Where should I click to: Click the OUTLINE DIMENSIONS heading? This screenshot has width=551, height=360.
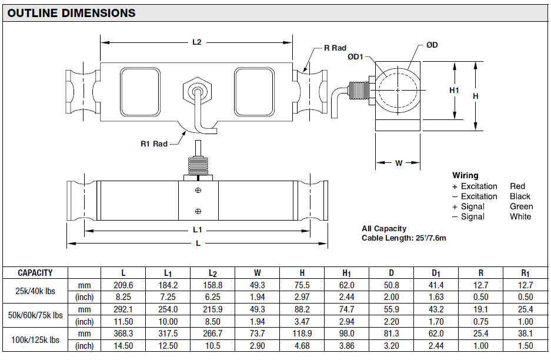tap(71, 13)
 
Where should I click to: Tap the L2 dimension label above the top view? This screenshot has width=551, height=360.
tap(197, 42)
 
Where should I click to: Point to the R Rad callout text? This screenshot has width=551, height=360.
tap(335, 48)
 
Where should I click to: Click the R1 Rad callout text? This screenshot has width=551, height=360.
tap(154, 144)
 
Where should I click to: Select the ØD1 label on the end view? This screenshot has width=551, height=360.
tap(356, 57)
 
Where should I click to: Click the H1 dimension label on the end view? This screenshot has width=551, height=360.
tap(454, 90)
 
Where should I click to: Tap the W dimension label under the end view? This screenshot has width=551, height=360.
tap(399, 163)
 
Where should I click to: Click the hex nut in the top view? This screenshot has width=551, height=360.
tap(197, 91)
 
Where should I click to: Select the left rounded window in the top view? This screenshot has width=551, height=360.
tap(140, 91)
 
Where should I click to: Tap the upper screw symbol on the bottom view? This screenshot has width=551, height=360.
tap(198, 189)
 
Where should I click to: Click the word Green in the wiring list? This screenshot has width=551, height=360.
tap(521, 206)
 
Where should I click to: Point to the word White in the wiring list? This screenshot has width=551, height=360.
tap(520, 216)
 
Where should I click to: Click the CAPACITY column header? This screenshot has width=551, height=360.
tap(35, 273)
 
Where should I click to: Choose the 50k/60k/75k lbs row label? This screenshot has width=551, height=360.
tap(35, 315)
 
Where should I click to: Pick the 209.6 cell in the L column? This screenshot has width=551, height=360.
tap(123, 285)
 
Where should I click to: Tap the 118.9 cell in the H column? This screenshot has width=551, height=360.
tap(302, 334)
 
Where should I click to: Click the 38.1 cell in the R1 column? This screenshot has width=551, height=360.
tap(525, 334)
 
